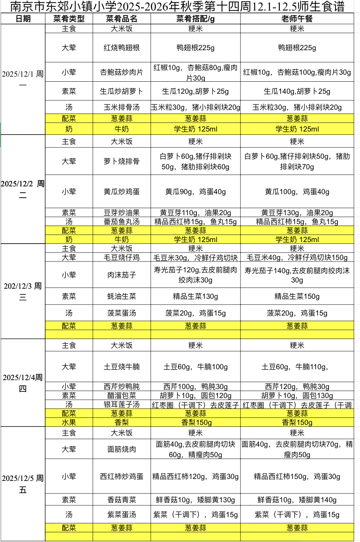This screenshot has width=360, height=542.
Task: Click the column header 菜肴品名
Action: [x=121, y=19]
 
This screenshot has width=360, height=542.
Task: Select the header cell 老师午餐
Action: [x=297, y=19]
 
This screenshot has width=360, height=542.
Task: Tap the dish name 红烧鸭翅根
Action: [x=121, y=48]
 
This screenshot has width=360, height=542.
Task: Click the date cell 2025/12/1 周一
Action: [x=23, y=79]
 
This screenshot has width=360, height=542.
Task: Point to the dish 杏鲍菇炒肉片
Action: [x=121, y=72]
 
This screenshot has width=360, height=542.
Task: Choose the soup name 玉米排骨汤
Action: [x=121, y=107]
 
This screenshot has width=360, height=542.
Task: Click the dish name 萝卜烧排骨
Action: [x=121, y=161]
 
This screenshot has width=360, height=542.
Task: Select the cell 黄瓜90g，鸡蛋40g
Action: [x=195, y=192]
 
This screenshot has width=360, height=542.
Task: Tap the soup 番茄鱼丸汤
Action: [x=121, y=222]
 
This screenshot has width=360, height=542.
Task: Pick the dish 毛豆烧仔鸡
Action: [x=121, y=258]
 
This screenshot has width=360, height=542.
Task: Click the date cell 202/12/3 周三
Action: [x=23, y=291]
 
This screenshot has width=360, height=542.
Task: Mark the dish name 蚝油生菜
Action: [x=121, y=296]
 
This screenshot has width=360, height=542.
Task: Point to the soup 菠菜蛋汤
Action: [x=121, y=313]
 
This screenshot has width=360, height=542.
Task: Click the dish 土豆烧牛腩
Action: [x=121, y=367]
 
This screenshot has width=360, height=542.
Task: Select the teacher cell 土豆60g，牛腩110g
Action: [x=297, y=367]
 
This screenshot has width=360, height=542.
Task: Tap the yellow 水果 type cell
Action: [x=69, y=423]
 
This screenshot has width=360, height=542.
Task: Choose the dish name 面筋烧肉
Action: [x=121, y=449]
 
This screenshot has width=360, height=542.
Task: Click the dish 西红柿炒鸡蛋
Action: [x=121, y=477]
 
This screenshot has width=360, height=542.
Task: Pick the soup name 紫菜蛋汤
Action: [x=121, y=515]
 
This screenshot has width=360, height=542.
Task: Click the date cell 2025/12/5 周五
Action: [x=23, y=484]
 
